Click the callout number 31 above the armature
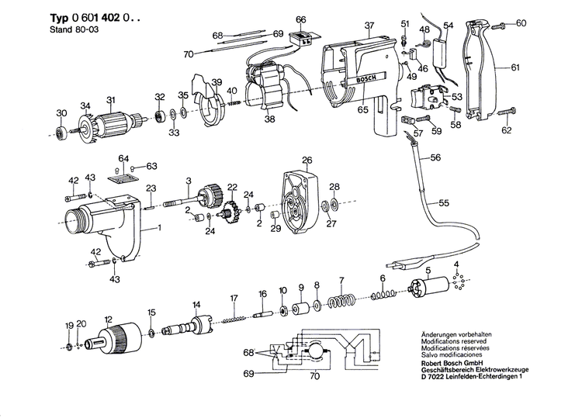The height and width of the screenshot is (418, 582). [111, 99]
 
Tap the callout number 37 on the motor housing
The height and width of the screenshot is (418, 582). [369, 25]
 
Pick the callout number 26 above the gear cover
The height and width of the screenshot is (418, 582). [307, 161]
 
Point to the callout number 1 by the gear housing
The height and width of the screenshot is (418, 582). [160, 227]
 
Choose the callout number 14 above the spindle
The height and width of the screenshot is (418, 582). [196, 303]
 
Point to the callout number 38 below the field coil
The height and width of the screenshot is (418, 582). [269, 119]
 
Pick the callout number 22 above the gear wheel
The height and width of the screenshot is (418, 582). [232, 187]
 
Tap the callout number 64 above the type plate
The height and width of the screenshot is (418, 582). [122, 159]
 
